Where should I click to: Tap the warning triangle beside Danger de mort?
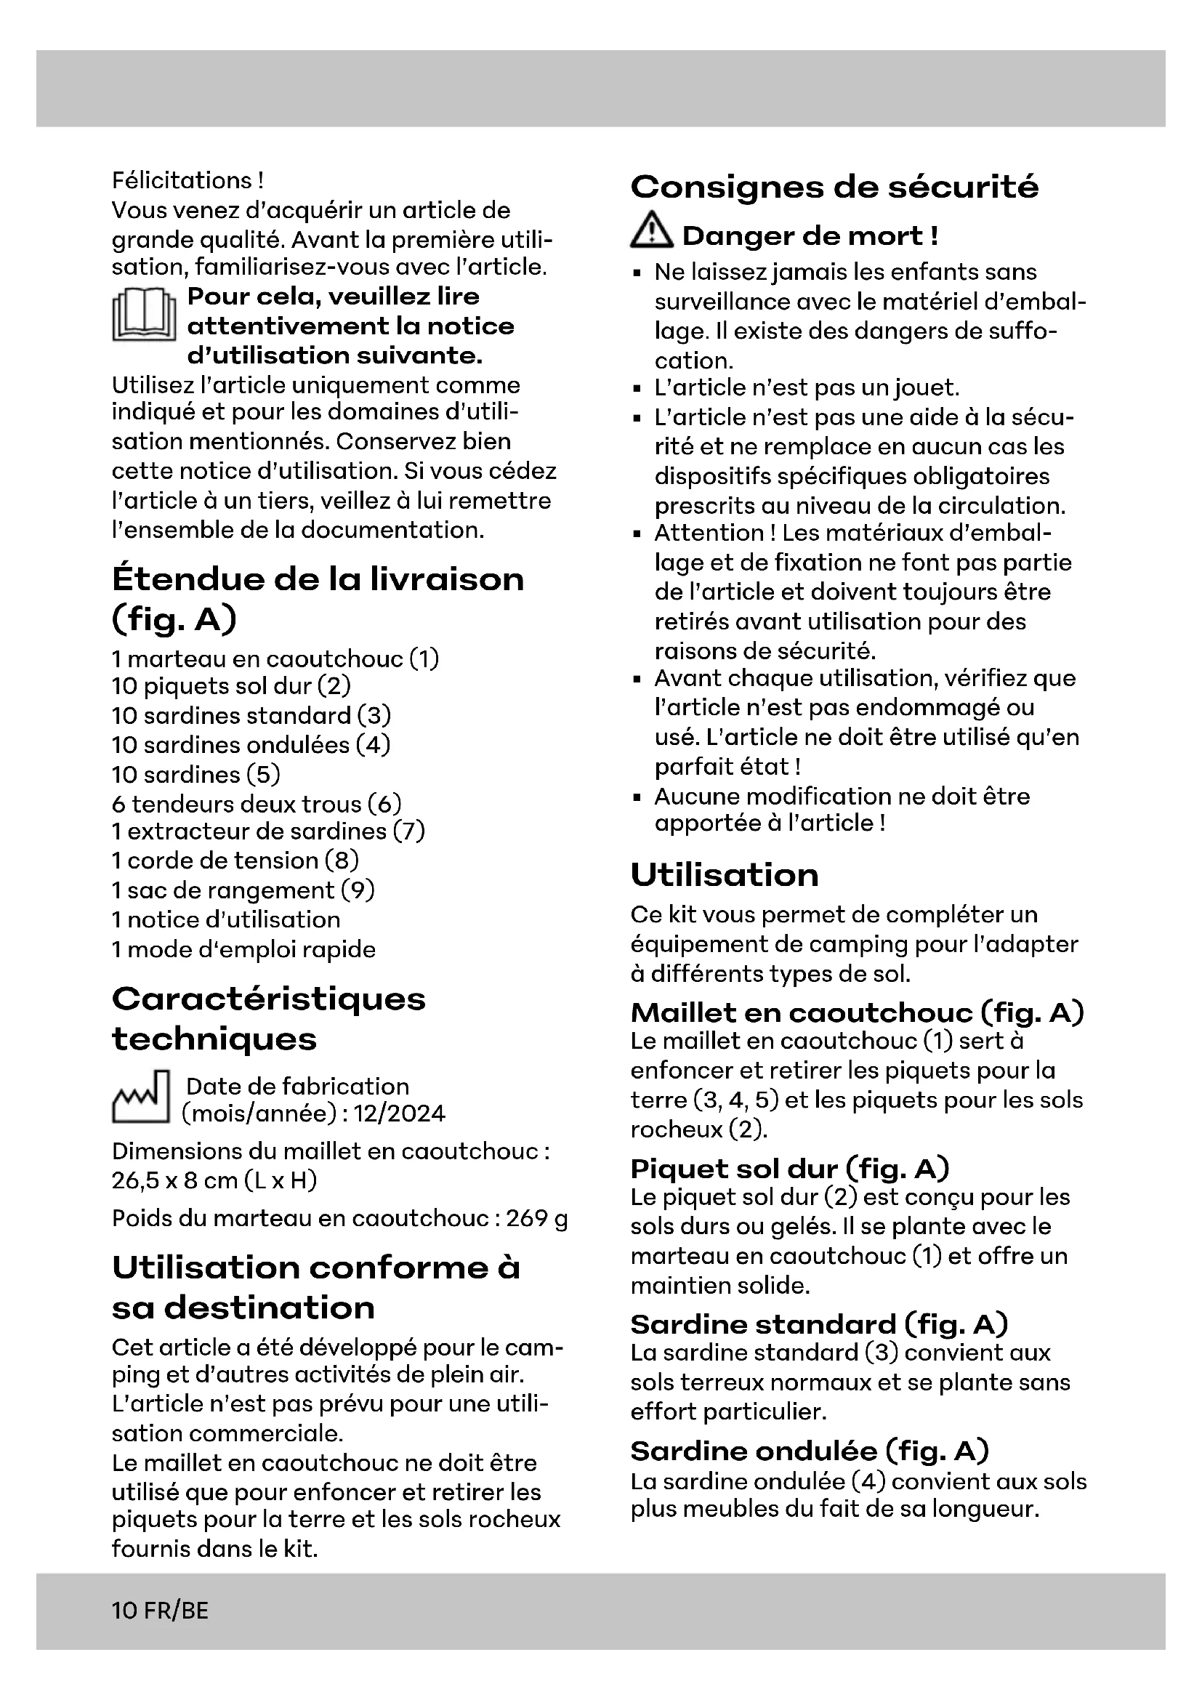[651, 231]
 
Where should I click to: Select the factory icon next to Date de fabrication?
[141, 1097]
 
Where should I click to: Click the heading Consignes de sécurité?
[834, 187]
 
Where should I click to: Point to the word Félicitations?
[182, 181]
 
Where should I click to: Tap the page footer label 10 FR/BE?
[160, 1611]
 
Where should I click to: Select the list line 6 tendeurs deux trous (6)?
[256, 803]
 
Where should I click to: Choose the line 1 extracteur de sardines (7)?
[268, 831]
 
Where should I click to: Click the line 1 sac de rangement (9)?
[243, 890]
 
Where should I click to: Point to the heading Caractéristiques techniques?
[268, 1019]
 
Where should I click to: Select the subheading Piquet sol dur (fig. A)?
[789, 1169]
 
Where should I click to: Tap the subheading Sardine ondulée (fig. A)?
[809, 1451]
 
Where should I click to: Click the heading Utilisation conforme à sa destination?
[315, 1288]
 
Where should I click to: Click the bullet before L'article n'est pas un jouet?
[637, 389]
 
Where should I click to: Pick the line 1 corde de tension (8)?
[235, 861]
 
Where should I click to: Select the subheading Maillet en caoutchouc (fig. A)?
[856, 1012]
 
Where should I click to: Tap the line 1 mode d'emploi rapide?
[243, 949]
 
